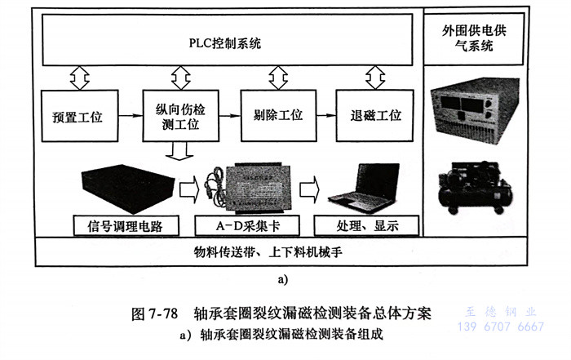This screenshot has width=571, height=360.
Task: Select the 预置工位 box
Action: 77,116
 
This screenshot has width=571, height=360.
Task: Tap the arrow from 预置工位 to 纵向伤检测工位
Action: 129,116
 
